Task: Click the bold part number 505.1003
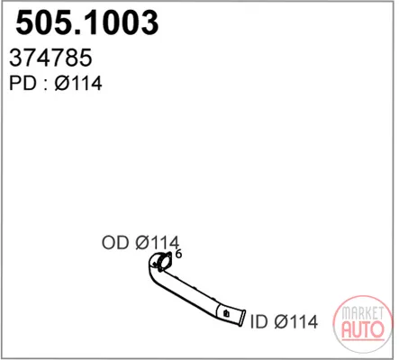pyautogui.click(x=87, y=22)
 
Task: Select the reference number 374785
pyautogui.click(x=50, y=58)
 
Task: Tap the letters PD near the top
pyautogui.click(x=23, y=83)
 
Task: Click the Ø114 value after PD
pyautogui.click(x=78, y=83)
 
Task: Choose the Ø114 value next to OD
pyautogui.click(x=157, y=242)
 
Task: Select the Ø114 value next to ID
pyautogui.click(x=296, y=321)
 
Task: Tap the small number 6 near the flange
pyautogui.click(x=178, y=254)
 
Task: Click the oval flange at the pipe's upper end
pyautogui.click(x=164, y=262)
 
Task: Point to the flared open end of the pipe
pyautogui.click(x=240, y=318)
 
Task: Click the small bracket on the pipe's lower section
pyautogui.click(x=226, y=313)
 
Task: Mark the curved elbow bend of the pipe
pyautogui.click(x=153, y=272)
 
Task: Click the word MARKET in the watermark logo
pyautogui.click(x=363, y=313)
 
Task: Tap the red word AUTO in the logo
pyautogui.click(x=363, y=329)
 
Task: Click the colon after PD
pyautogui.click(x=46, y=85)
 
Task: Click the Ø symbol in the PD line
pyautogui.click(x=62, y=83)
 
